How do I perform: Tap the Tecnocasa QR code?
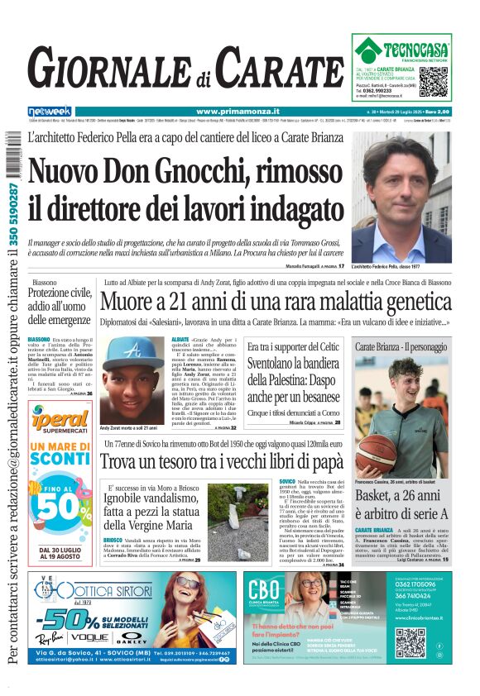(434, 80)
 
